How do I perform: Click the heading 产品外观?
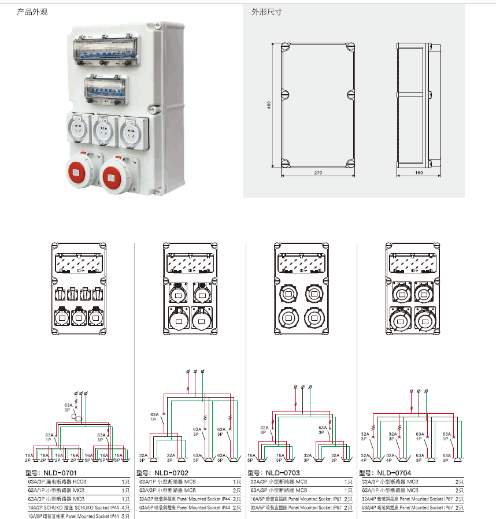[x=33, y=12]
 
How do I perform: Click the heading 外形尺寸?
[x=266, y=12]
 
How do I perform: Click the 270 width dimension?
[x=317, y=173]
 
